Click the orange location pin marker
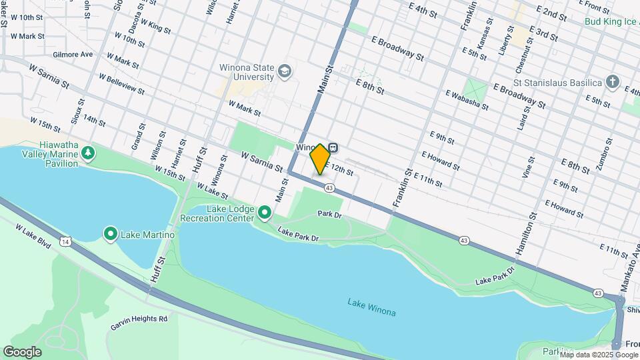coord(320,159)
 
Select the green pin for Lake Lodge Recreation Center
coord(265,213)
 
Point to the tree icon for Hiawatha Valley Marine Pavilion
coord(87,154)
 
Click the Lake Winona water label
coord(371,307)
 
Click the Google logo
coord(22,351)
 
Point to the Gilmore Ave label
coord(73,55)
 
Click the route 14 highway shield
coord(65,240)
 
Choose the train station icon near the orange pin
coord(333,147)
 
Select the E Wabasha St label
coord(467,99)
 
